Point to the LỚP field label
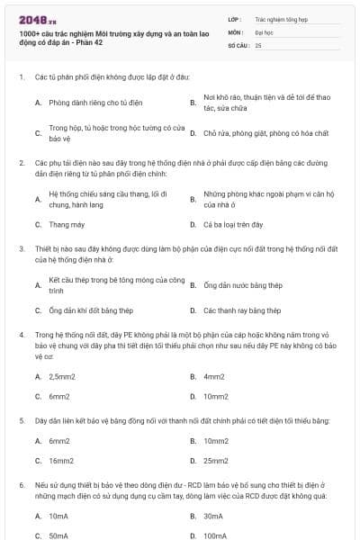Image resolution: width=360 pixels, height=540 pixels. pos(235,18)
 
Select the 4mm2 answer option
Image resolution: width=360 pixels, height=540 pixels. pos(214,376)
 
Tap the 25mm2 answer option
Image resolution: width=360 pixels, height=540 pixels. pos(216,461)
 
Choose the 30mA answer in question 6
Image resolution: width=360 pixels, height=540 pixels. pos(213,517)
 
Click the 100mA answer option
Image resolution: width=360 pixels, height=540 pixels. pos(215,536)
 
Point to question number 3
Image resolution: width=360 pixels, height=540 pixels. pos(21,247)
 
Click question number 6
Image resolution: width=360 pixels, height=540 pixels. pos(21,485)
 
